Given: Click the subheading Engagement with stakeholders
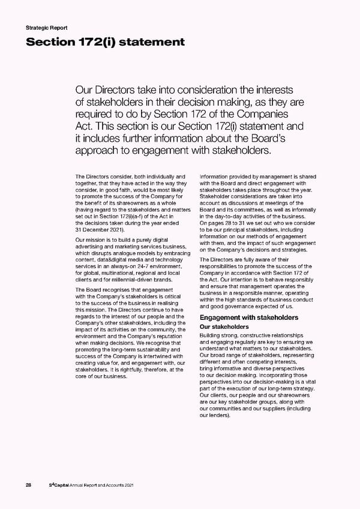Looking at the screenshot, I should tap(248, 317).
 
